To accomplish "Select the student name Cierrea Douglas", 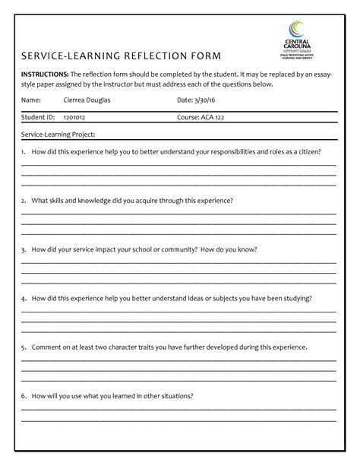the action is point(87,100).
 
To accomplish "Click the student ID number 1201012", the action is point(74,118).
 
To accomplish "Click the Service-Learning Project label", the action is point(58,135).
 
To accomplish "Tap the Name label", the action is point(30,100).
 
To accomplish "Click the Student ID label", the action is point(38,118).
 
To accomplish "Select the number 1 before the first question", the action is point(24,151).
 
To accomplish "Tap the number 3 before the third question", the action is point(24,249).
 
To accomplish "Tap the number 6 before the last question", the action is point(24,395).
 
